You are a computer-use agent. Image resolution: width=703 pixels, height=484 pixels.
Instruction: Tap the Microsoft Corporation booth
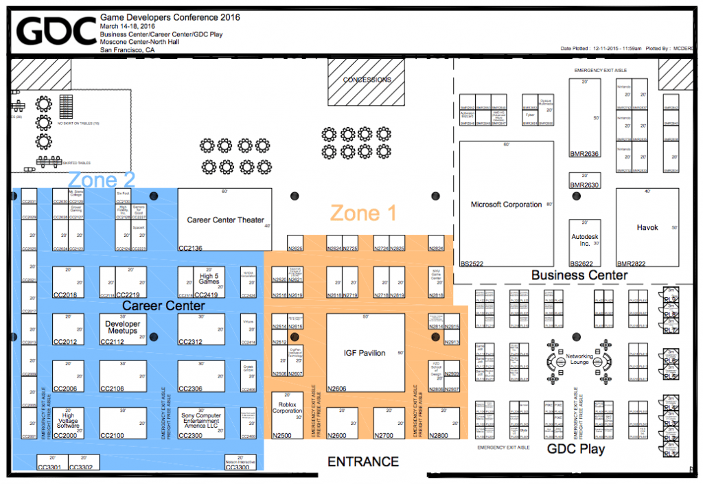pos(506,205)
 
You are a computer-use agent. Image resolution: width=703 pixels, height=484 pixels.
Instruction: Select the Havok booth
pos(647,227)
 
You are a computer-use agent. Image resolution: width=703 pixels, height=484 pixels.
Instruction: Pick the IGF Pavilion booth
pos(364,353)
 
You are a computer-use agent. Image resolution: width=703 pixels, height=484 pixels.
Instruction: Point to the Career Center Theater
pos(225,220)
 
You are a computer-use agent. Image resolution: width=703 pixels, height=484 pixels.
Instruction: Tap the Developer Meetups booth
pos(122,327)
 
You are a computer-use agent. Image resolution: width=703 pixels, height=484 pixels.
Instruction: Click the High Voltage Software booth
pos(68,421)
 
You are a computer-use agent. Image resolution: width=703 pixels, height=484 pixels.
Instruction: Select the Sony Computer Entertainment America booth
pos(201,421)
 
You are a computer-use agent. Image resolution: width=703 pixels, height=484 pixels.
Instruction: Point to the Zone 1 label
pos(363,214)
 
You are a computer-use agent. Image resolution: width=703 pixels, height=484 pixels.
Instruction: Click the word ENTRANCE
pos(362,462)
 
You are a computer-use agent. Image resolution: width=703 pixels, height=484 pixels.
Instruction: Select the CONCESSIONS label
pos(367,80)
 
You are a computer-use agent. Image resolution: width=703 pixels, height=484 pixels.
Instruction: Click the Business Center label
pos(579,275)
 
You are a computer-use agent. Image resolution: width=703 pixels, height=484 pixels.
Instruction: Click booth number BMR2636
pos(584,154)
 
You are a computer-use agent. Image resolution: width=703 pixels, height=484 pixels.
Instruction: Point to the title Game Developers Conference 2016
pos(170,17)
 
